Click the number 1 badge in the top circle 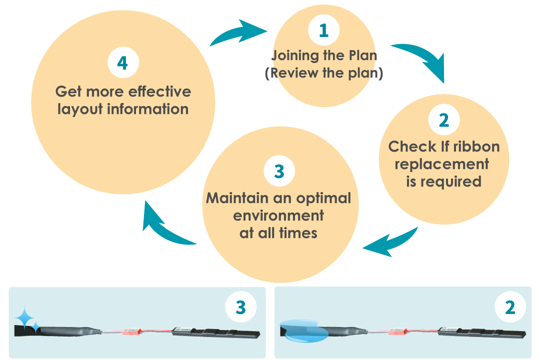pyautogui.click(x=324, y=30)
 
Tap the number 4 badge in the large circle pyautogui.click(x=123, y=63)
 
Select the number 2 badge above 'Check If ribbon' pyautogui.click(x=444, y=120)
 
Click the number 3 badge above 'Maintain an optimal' pyautogui.click(x=279, y=171)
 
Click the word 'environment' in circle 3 pyautogui.click(x=278, y=215)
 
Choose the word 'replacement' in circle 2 pyautogui.click(x=441, y=164)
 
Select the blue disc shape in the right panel pyautogui.click(x=303, y=330)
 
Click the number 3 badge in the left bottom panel pyautogui.click(x=241, y=307)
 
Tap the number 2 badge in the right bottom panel pyautogui.click(x=510, y=307)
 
